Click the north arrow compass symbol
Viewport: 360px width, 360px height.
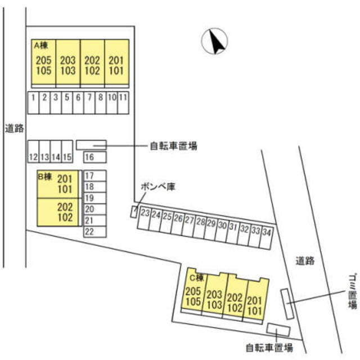pos(214,41)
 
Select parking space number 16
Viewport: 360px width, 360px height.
pos(95,157)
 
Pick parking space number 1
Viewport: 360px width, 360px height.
pos(33,102)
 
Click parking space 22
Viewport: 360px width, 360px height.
pos(95,232)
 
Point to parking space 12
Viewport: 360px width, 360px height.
pos(33,151)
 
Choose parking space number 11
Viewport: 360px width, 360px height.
pos(123,102)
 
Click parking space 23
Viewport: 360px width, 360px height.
pos(144,218)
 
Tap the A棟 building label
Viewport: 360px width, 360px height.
pos(41,46)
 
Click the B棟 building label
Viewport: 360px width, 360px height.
pos(45,177)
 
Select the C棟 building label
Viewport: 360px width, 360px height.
pos(197,278)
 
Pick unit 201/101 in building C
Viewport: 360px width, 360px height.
pos(255,300)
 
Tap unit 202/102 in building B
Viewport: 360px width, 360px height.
pos(57,212)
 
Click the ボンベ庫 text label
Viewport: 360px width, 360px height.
pos(158,186)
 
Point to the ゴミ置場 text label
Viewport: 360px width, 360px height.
pos(353,291)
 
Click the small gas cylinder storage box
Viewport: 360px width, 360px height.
pos(134,211)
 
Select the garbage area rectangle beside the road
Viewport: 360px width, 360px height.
pos(287,304)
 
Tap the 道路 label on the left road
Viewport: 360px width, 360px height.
pos(15,128)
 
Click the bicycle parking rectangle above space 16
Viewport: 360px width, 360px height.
pos(91,145)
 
